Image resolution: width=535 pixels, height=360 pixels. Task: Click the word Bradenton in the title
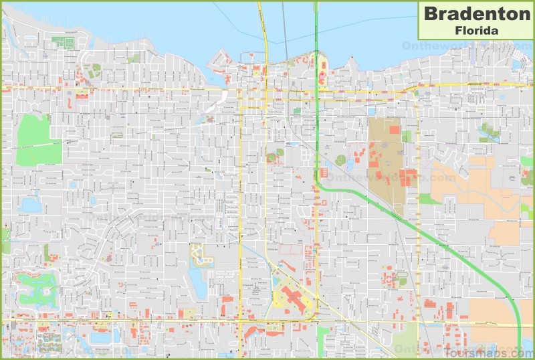click(x=475, y=13)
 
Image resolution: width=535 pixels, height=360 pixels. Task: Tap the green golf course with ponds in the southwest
click(x=37, y=288)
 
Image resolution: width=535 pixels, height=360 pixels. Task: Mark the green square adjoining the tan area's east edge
click(x=407, y=136)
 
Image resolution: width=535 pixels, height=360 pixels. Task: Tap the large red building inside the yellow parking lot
click(x=294, y=298)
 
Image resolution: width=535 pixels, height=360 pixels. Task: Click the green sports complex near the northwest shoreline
click(x=63, y=43)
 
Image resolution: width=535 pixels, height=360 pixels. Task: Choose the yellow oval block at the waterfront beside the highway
click(x=323, y=70)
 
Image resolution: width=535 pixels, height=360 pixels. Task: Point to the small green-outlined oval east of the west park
click(x=118, y=136)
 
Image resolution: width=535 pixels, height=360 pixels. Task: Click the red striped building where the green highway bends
click(x=324, y=173)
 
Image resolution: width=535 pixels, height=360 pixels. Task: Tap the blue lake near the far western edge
click(x=30, y=205)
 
